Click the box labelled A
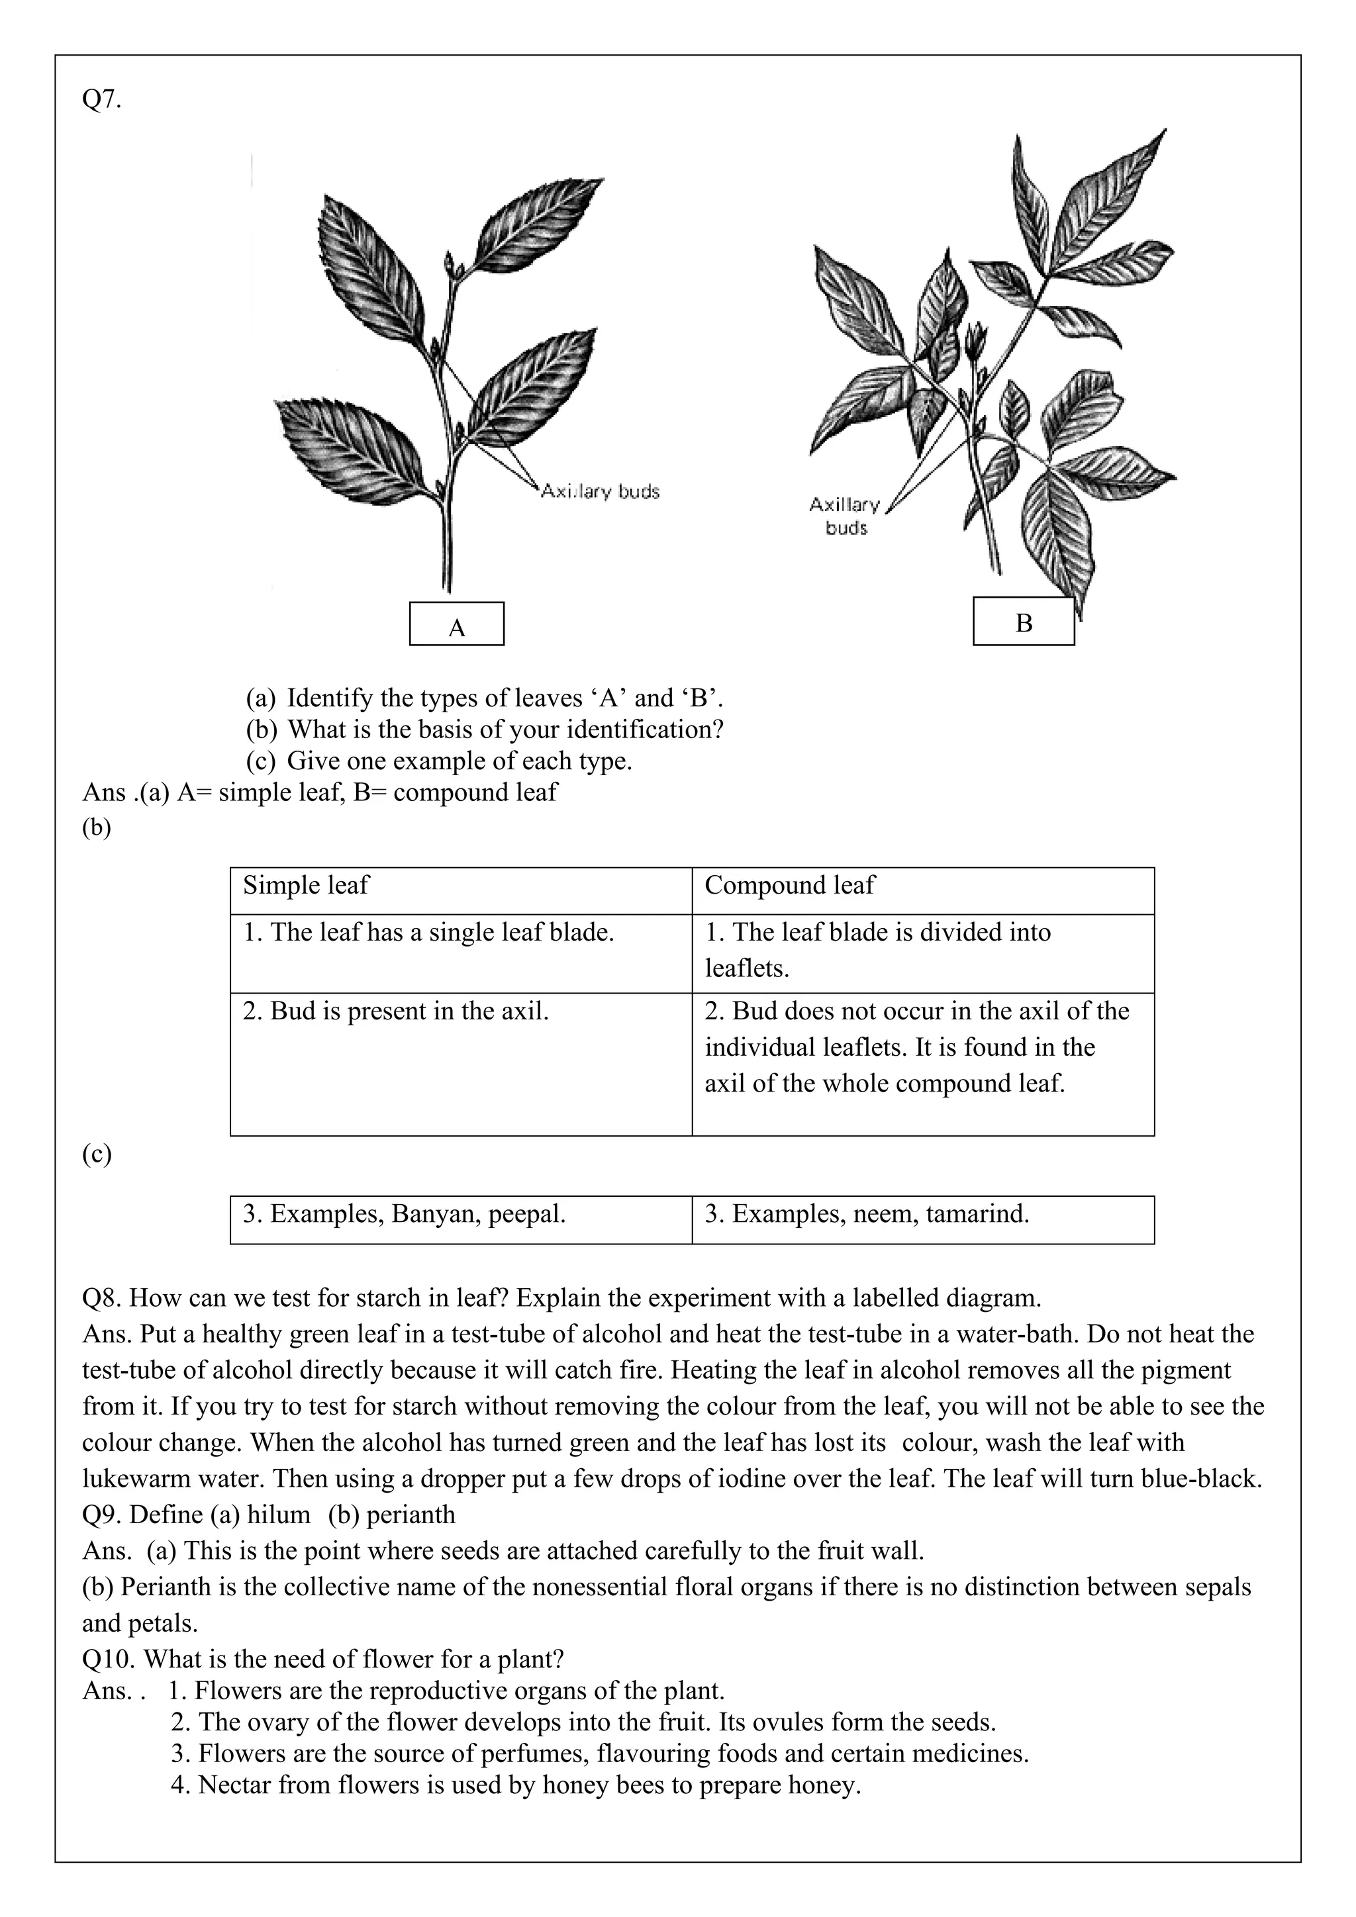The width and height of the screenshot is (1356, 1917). pyautogui.click(x=456, y=624)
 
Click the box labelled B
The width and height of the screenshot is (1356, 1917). pyautogui.click(x=1023, y=622)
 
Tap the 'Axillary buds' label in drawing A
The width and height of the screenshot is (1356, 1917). pyautogui.click(x=599, y=491)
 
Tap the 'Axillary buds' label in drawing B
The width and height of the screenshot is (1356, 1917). pyautogui.click(x=845, y=516)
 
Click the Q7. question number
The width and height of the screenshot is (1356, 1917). pyautogui.click(x=101, y=99)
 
